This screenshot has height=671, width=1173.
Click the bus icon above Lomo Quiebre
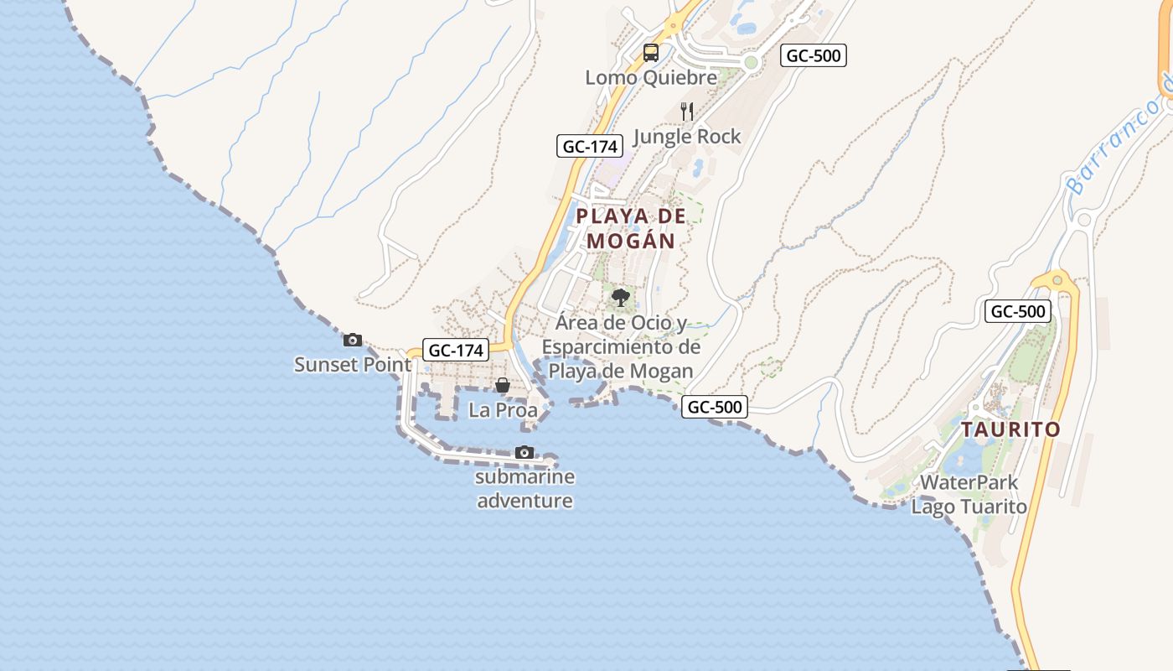pyautogui.click(x=651, y=53)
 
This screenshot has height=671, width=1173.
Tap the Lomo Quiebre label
pyautogui.click(x=651, y=78)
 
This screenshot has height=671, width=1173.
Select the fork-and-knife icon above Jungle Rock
pyautogui.click(x=687, y=111)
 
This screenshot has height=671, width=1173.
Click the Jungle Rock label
pyautogui.click(x=687, y=136)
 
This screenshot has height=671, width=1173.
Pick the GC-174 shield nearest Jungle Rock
pyautogui.click(x=590, y=146)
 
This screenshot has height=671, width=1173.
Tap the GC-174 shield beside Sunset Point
pyautogui.click(x=456, y=351)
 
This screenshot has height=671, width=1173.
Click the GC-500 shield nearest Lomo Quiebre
pyautogui.click(x=814, y=56)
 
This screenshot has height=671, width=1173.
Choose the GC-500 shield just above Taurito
pyautogui.click(x=1017, y=312)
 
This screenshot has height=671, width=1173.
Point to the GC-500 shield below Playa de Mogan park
pyautogui.click(x=715, y=408)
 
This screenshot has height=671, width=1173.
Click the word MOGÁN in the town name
pyautogui.click(x=631, y=242)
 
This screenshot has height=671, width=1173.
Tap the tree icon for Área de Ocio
pyautogui.click(x=621, y=298)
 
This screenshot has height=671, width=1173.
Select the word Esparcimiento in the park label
pyautogui.click(x=621, y=347)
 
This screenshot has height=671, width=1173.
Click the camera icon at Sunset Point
pyautogui.click(x=353, y=340)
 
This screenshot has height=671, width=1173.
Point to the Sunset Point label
pyautogui.click(x=353, y=365)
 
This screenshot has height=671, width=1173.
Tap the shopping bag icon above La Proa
pyautogui.click(x=503, y=385)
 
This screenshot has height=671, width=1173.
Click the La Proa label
pyautogui.click(x=503, y=410)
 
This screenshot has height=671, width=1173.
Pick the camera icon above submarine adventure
pyautogui.click(x=524, y=453)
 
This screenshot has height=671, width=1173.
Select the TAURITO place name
pyautogui.click(x=1010, y=429)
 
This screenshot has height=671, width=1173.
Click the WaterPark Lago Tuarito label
pyautogui.click(x=969, y=495)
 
